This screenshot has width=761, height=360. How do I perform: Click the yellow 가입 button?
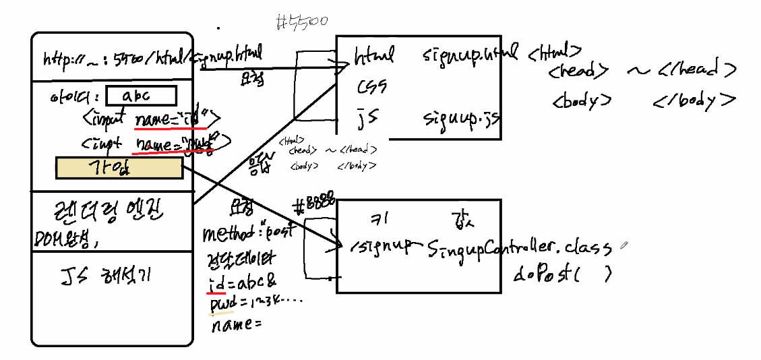119,168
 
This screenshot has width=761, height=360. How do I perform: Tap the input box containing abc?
141,96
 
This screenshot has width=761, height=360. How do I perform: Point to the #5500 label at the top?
302,22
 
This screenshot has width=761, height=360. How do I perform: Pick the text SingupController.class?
519,248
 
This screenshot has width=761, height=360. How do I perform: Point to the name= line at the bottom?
235,326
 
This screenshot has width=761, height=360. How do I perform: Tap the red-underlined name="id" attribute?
177,119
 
